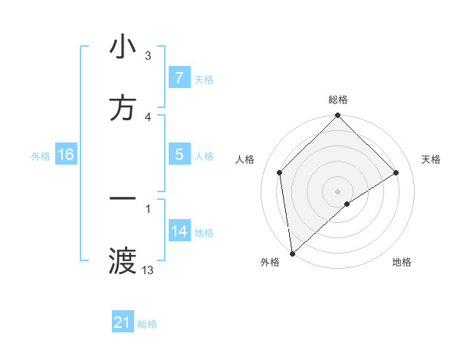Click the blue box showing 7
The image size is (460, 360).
pyautogui.click(x=179, y=78)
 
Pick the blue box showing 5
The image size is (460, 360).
pyautogui.click(x=179, y=155)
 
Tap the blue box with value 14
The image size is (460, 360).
pyautogui.click(x=179, y=231)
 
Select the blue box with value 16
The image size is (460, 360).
pyautogui.click(x=66, y=155)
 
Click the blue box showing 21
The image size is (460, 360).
pyautogui.click(x=123, y=322)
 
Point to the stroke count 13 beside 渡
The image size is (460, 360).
pyautogui.click(x=148, y=270)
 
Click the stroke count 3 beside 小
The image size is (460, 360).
pyautogui.click(x=148, y=56)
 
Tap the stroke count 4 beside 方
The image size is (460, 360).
pyautogui.click(x=148, y=117)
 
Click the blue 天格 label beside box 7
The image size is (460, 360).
pyautogui.click(x=204, y=79)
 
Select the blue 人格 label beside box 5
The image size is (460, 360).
pyautogui.click(x=204, y=155)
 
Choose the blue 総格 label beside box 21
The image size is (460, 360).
pyautogui.click(x=148, y=323)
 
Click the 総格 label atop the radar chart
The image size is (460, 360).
pyautogui.click(x=338, y=100)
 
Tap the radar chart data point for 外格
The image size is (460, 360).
pyautogui.click(x=292, y=254)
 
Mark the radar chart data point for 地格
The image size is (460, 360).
pyautogui.click(x=347, y=204)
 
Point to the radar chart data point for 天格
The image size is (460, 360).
pyautogui.click(x=396, y=172)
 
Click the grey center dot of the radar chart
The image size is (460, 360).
pyautogui.click(x=338, y=191)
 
